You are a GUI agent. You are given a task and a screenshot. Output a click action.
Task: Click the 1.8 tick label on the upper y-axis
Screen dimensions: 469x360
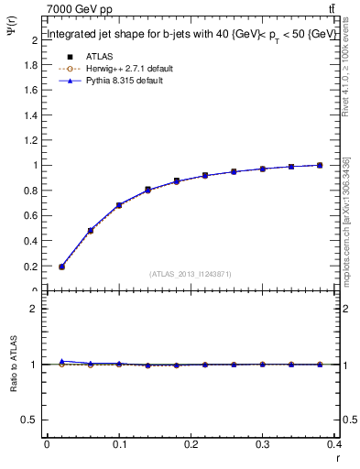coord(30,65)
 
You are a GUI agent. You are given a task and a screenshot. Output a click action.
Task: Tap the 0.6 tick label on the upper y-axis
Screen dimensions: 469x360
coord(30,216)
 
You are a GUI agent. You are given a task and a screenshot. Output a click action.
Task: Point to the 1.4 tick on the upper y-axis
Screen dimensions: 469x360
coord(30,115)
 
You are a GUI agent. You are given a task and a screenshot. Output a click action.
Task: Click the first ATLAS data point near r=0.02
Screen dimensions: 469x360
coord(61,267)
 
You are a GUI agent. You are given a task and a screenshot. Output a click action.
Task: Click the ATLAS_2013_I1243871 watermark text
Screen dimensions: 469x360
coord(191,274)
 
